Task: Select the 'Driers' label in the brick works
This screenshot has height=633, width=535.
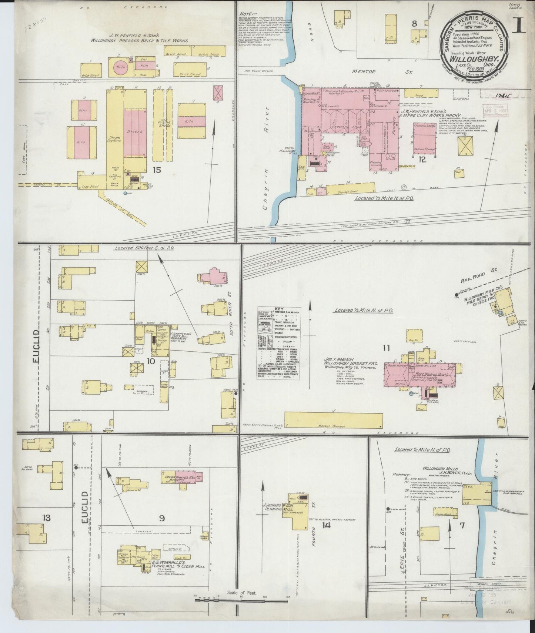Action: pos(133,132)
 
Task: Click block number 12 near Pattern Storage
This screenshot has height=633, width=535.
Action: pos(422,160)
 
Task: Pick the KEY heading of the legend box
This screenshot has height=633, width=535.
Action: pos(278,308)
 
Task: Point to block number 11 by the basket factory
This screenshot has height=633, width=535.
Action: pos(387,348)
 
